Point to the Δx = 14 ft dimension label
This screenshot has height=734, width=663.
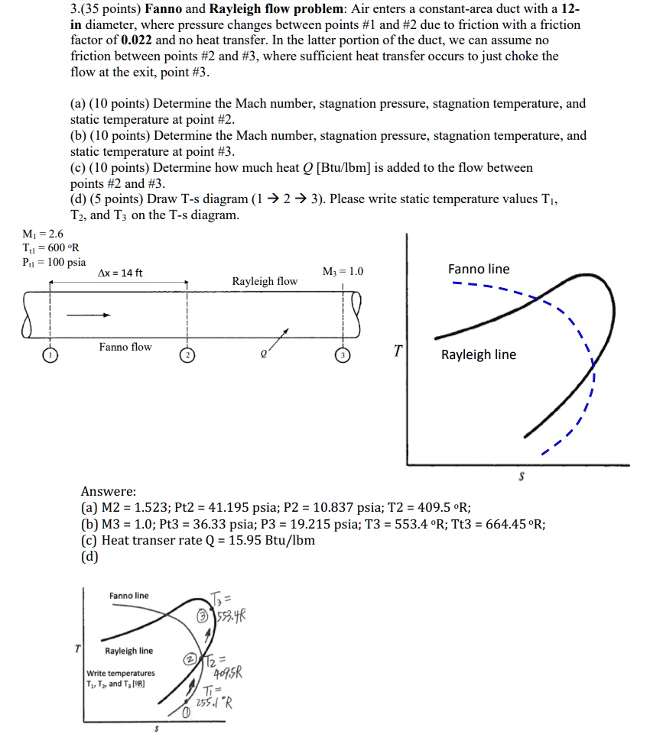(119, 273)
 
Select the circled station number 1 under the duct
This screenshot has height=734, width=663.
(50, 356)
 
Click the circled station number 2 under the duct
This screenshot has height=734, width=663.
(187, 356)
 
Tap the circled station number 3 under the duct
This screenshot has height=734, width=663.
(344, 356)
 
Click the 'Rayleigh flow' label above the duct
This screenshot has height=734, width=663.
(265, 282)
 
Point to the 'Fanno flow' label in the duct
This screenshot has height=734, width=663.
(125, 348)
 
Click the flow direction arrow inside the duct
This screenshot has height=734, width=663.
(90, 314)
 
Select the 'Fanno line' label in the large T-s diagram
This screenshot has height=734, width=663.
(478, 269)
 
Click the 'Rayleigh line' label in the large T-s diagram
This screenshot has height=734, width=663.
(478, 354)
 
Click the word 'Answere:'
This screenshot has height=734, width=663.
(109, 491)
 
